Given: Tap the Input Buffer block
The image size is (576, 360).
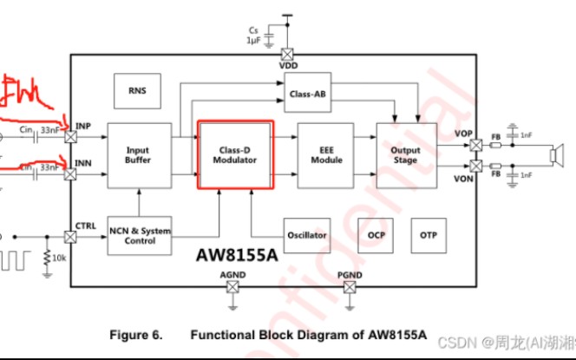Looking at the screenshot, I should (137, 154).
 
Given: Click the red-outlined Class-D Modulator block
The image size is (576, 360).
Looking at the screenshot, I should (236, 154).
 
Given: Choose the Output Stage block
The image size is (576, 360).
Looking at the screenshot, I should (404, 154).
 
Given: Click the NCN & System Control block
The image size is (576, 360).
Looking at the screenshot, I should (139, 236).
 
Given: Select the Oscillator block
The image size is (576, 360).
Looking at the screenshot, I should (307, 235).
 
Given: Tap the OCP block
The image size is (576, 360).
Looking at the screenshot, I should (376, 235).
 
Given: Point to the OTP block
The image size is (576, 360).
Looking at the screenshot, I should (429, 235).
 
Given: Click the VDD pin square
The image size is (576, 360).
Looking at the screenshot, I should (286, 52).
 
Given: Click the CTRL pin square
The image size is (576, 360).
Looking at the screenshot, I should (70, 236).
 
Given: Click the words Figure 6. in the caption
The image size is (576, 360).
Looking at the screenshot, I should (139, 334).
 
